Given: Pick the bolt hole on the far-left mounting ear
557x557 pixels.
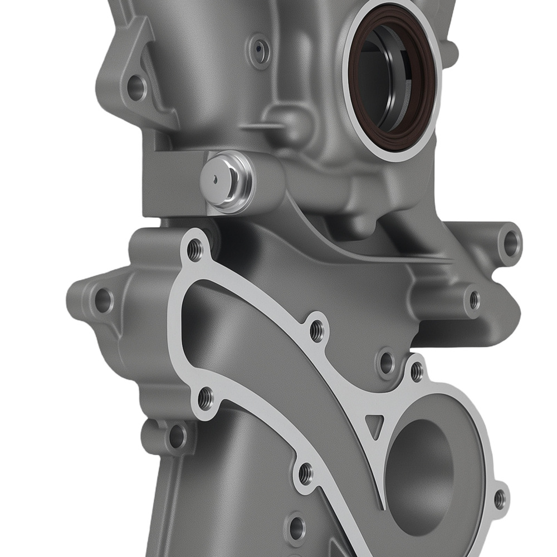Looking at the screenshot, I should [x=103, y=300].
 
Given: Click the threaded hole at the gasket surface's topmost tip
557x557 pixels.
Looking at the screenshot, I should [x=195, y=250].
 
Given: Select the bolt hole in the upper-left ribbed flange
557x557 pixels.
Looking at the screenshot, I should [x=136, y=86].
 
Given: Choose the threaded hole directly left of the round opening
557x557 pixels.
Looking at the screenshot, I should [x=305, y=474].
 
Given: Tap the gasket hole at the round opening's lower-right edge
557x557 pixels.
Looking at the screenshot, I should [x=500, y=499].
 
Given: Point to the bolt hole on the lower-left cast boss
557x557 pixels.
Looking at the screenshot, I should [x=177, y=436].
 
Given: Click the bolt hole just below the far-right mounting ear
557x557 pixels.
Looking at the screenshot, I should [x=474, y=300].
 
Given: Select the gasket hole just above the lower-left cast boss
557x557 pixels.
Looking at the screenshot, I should [x=205, y=398].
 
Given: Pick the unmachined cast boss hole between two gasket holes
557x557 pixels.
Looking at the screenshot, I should [x=386, y=363].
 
